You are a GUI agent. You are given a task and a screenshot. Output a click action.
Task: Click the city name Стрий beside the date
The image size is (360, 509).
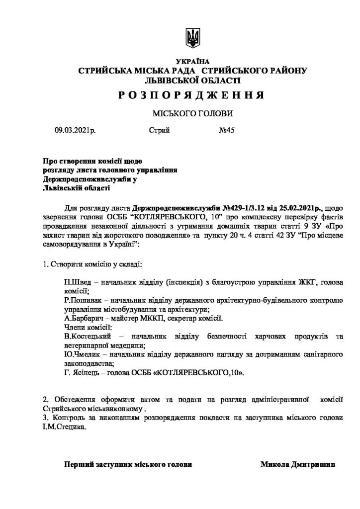(159, 131)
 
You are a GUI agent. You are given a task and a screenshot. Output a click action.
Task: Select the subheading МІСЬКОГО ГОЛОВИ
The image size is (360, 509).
(193, 113)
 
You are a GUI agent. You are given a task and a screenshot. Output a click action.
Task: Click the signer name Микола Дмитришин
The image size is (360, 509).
(297, 464)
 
